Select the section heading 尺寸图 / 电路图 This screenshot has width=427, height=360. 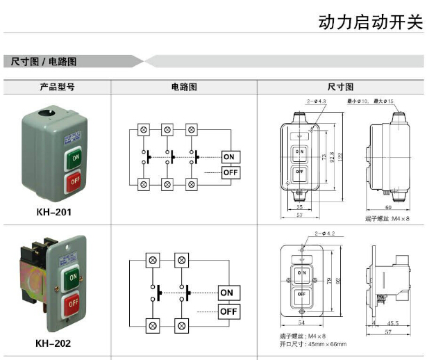(43, 61)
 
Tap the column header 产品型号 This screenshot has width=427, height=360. (57, 88)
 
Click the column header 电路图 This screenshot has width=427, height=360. (184, 88)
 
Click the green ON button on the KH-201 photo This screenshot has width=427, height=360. (75, 159)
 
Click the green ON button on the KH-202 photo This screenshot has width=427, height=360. (72, 280)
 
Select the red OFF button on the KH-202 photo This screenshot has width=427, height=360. (72, 306)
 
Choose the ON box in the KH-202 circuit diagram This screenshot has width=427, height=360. (227, 293)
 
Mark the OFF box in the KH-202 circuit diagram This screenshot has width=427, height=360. (228, 312)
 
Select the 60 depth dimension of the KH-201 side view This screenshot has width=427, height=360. (387, 207)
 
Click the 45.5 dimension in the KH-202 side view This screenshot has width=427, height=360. (392, 322)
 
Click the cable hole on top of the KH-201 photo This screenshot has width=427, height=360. (49, 111)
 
